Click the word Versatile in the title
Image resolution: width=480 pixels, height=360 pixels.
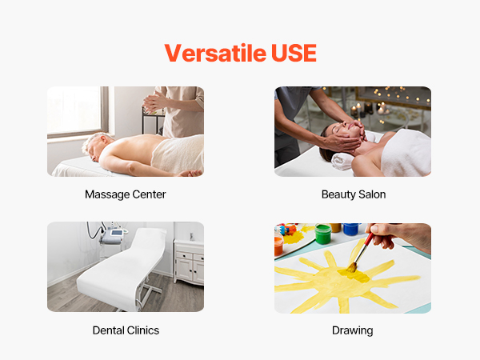215,53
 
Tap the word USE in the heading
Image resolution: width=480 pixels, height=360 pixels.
294,53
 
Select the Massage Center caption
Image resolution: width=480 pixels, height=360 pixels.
126,194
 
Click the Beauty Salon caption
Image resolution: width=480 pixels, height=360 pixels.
354,194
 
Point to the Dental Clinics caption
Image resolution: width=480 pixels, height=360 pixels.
126,330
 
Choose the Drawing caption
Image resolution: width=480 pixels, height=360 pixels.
352,330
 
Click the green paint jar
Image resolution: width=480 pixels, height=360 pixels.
323,234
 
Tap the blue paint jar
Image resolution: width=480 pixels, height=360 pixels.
351,229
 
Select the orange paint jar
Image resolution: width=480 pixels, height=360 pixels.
278,246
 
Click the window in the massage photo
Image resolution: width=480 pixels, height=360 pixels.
75,110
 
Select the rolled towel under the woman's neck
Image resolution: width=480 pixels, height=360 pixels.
343,162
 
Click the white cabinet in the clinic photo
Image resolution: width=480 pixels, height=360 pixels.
189,262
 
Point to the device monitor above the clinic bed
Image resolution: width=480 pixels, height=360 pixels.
117,233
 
